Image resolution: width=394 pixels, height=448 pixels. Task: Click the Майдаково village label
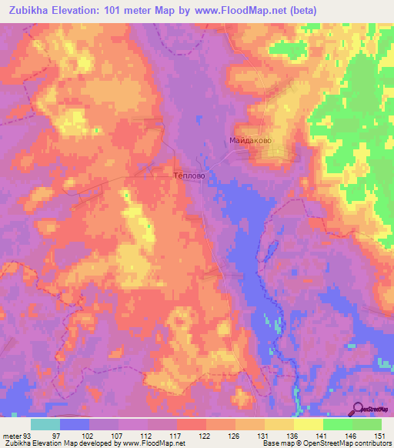[x=251, y=141]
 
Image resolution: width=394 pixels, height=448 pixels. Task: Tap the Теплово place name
[x=187, y=176]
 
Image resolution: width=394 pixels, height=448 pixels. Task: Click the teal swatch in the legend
[x=45, y=425]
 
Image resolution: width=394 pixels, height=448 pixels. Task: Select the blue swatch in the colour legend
[x=75, y=425]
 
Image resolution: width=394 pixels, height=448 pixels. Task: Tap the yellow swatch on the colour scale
[x=308, y=425]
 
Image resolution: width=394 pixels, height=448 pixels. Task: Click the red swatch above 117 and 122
[x=191, y=425]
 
